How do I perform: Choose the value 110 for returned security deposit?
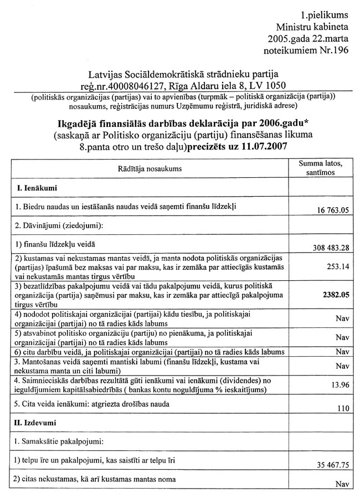342,409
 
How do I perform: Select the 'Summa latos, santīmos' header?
324,168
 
